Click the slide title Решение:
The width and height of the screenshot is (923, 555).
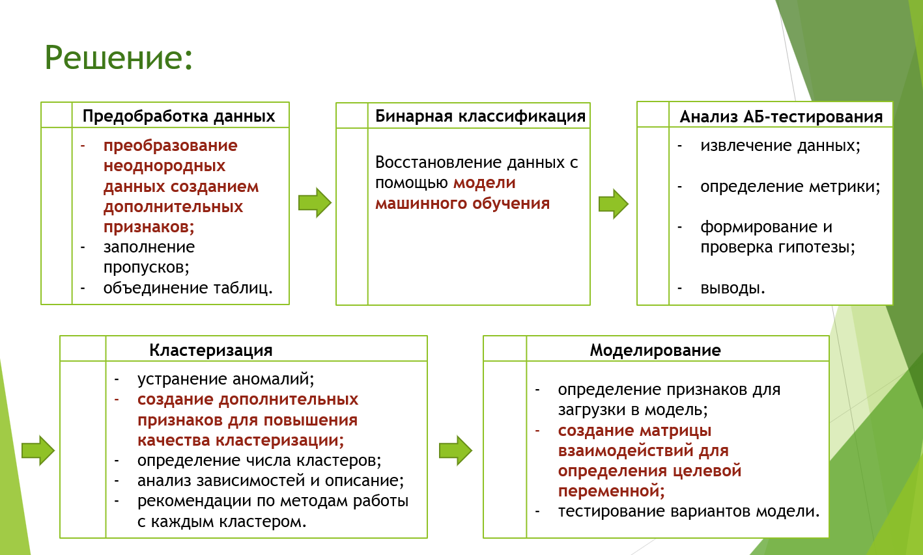pyautogui.click(x=119, y=57)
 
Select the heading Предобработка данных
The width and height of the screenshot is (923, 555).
pyautogui.click(x=178, y=116)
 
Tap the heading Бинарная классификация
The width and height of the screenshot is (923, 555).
pyautogui.click(x=480, y=116)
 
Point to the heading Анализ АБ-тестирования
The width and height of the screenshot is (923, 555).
pyautogui.click(x=781, y=116)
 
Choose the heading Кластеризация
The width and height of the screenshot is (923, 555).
pyautogui.click(x=210, y=350)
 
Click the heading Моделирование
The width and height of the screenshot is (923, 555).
pyautogui.click(x=655, y=350)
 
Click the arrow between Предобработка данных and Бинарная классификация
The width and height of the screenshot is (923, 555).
pyautogui.click(x=315, y=202)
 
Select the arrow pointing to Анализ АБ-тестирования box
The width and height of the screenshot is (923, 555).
pyautogui.click(x=613, y=204)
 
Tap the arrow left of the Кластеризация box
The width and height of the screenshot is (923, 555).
pyautogui.click(x=38, y=450)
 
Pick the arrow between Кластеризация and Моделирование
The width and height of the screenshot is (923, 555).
pyautogui.click(x=455, y=450)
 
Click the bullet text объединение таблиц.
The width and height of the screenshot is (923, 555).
pyautogui.click(x=188, y=288)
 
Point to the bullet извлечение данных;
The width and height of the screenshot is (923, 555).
pyautogui.click(x=780, y=146)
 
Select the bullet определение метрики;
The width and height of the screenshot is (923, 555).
pyautogui.click(x=789, y=187)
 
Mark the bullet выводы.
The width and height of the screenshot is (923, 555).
pyautogui.click(x=732, y=288)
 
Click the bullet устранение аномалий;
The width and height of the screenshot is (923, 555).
pyautogui.click(x=225, y=379)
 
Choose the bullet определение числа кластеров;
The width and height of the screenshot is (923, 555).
pyautogui.click(x=259, y=460)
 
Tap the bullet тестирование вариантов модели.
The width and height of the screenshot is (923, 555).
pyautogui.click(x=689, y=511)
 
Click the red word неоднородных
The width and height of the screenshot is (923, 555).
pyautogui.click(x=164, y=166)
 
